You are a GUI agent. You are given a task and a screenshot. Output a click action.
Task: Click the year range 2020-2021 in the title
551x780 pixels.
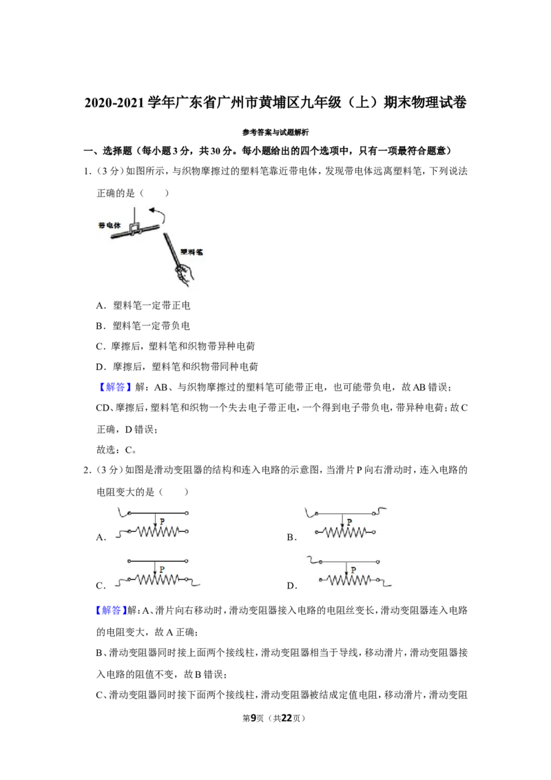tap(114, 103)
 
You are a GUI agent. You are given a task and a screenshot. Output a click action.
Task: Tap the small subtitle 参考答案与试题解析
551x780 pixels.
tap(275, 132)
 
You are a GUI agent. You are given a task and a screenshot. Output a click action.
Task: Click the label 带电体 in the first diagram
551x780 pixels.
tap(110, 225)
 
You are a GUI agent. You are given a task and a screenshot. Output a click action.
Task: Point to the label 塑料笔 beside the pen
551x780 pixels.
tap(191, 252)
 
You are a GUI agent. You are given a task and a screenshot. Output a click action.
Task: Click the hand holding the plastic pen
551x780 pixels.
tap(183, 275)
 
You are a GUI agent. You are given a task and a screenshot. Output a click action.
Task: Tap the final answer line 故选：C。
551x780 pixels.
tap(116, 450)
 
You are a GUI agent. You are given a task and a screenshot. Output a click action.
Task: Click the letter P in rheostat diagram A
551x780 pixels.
tap(162, 521)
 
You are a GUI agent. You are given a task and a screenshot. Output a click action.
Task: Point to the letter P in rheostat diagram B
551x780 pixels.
tap(350, 522)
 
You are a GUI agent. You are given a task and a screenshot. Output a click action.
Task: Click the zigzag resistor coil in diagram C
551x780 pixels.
tap(158, 579)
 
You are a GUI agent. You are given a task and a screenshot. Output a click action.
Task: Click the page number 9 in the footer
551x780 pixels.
tap(253, 718)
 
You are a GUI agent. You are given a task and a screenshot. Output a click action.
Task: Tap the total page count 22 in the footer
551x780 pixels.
tap(287, 718)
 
